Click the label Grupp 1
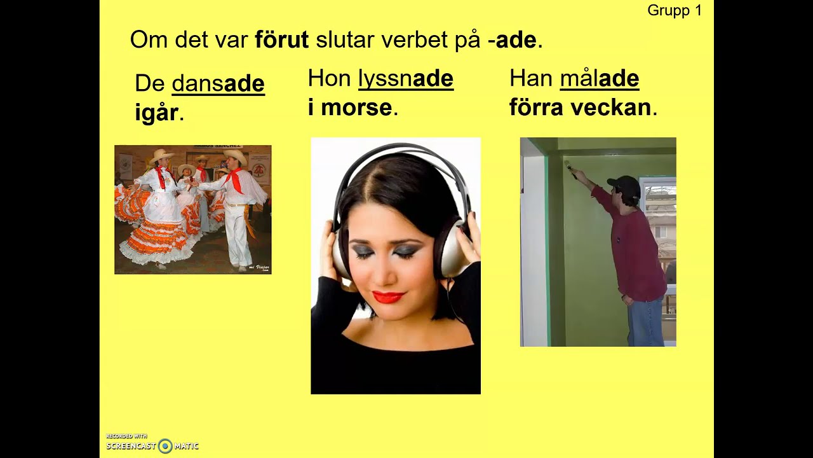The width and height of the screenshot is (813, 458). [x=675, y=11]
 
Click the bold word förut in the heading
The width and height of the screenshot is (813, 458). [x=281, y=40]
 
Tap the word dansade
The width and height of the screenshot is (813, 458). [x=218, y=83]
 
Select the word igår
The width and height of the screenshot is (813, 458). [x=156, y=113]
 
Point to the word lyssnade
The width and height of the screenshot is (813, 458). [x=405, y=78]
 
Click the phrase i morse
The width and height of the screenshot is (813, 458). [x=350, y=108]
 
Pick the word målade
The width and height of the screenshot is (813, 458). [x=599, y=78]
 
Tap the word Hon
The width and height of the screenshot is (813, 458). [x=329, y=78]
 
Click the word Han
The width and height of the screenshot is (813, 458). [x=531, y=78]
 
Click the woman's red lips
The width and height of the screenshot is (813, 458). [x=388, y=297]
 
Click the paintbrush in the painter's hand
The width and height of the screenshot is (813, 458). [x=570, y=168]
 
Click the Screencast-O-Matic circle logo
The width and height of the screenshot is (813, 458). [x=165, y=446]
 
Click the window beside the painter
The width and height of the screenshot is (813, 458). [x=659, y=216]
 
